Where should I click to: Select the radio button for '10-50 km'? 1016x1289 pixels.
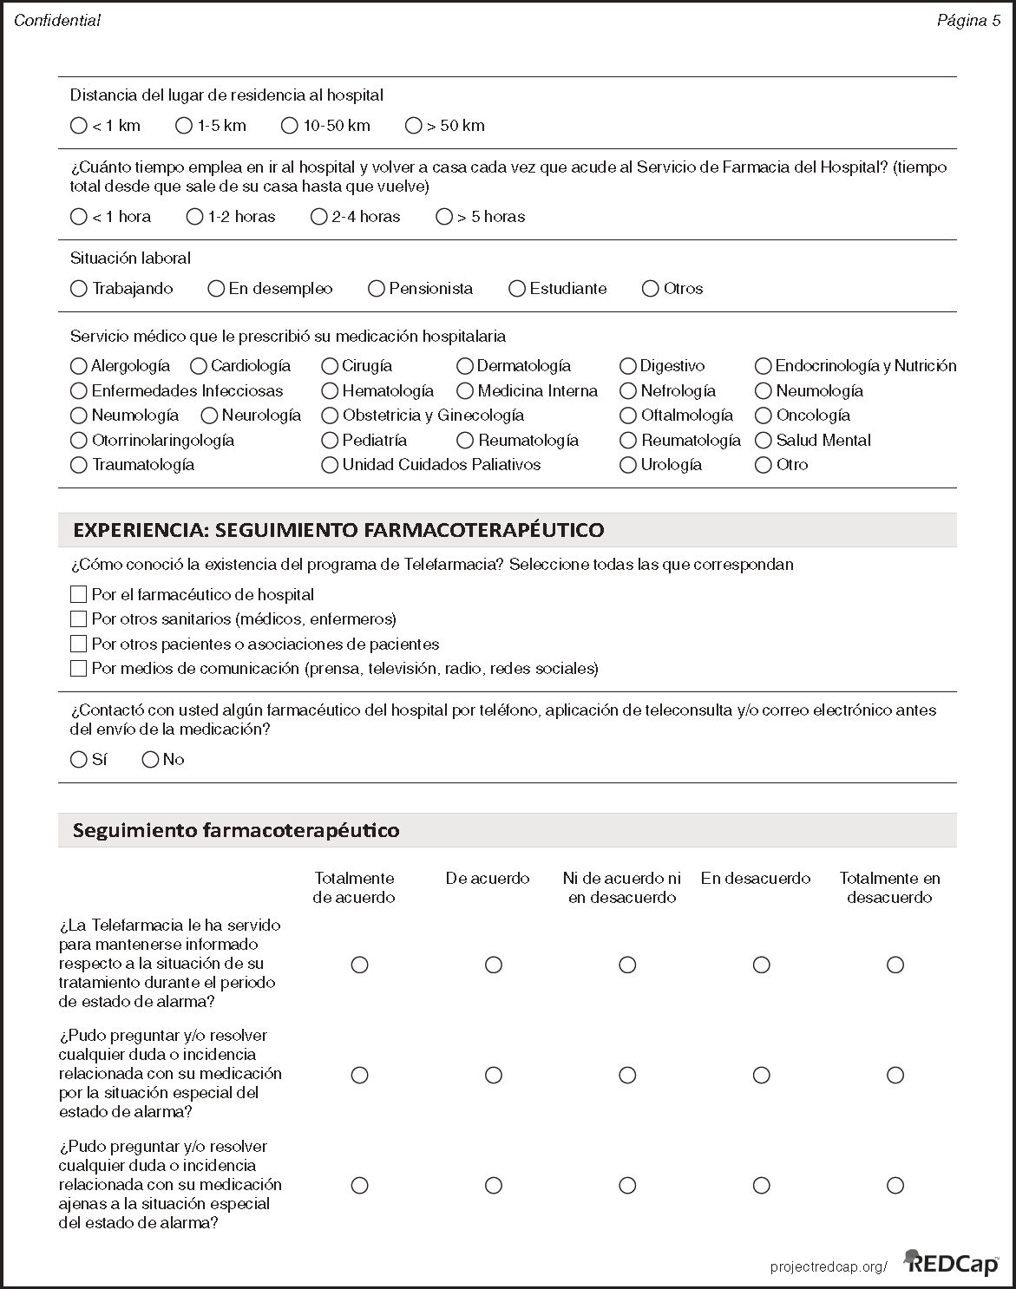[x=290, y=126]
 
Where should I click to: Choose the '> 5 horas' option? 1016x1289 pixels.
[x=444, y=217]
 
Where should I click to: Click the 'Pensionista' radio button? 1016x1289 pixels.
[x=376, y=289]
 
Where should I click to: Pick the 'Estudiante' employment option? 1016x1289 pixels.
[x=517, y=289]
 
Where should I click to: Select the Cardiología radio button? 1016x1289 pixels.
[x=199, y=366]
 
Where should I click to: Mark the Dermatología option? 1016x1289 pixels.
[x=465, y=366]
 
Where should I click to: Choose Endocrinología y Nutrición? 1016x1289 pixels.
[x=764, y=366]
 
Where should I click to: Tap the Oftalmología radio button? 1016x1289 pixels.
[x=628, y=415]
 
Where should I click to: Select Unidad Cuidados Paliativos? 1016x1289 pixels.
[x=330, y=465]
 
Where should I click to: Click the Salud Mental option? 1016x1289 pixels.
[x=764, y=441]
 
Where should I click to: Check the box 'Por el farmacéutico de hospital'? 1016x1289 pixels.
[x=79, y=595]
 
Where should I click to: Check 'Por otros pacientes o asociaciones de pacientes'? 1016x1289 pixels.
[x=79, y=644]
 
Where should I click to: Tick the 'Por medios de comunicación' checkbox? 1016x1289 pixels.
[x=79, y=669]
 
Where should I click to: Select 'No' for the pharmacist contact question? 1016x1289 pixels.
[x=150, y=760]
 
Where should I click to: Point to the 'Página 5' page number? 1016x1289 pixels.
[x=968, y=21]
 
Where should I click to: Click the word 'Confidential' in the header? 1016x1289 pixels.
[x=57, y=21]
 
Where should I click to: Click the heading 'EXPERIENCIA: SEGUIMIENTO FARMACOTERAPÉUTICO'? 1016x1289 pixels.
[x=338, y=530]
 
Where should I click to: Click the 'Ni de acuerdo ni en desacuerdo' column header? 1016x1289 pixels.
[x=622, y=887]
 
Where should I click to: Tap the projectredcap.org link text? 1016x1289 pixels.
[x=829, y=1267]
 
